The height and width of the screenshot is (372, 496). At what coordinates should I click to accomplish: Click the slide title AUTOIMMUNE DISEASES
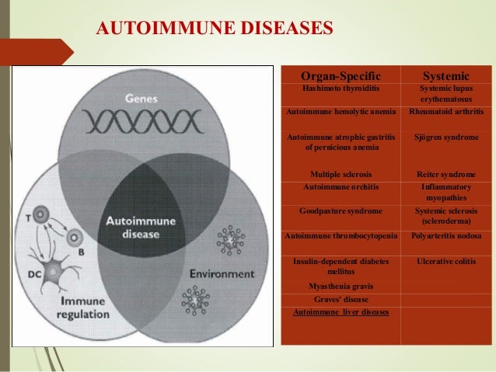pos(214,29)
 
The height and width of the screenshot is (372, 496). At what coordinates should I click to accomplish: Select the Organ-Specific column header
pos(341,76)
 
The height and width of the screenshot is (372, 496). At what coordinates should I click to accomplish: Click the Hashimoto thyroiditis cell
pos(341,89)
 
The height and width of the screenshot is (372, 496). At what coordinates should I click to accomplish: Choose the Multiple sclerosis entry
pos(341,174)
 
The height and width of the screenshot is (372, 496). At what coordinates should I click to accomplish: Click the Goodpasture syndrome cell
pos(341,210)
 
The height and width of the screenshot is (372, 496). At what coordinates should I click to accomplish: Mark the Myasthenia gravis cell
pos(341,286)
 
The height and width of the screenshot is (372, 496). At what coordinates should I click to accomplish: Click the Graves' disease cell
pos(341,299)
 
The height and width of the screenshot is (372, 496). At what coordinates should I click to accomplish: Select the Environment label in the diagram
pos(222,274)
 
